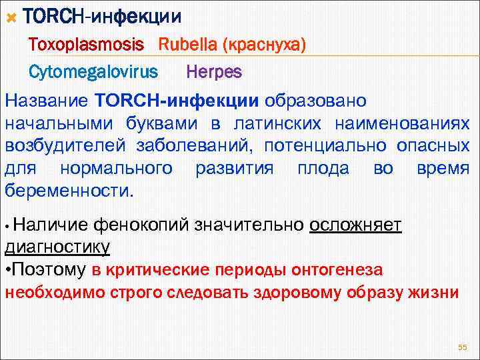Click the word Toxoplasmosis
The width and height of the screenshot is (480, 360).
pyautogui.click(x=86, y=45)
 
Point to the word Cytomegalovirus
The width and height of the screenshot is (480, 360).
pyautogui.click(x=93, y=71)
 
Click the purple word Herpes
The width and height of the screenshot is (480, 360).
pyautogui.click(x=214, y=71)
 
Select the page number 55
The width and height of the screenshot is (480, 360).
pyautogui.click(x=463, y=347)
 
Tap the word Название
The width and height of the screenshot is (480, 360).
pyautogui.click(x=47, y=101)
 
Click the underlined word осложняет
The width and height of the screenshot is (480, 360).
pyautogui.click(x=355, y=225)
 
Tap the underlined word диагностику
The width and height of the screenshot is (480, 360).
pyautogui.click(x=57, y=247)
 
